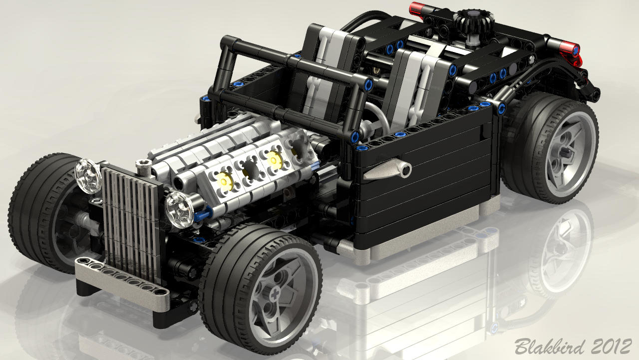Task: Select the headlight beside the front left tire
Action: (x=87, y=176)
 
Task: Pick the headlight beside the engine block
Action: (x=180, y=209)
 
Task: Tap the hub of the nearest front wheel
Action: (x=275, y=294)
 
